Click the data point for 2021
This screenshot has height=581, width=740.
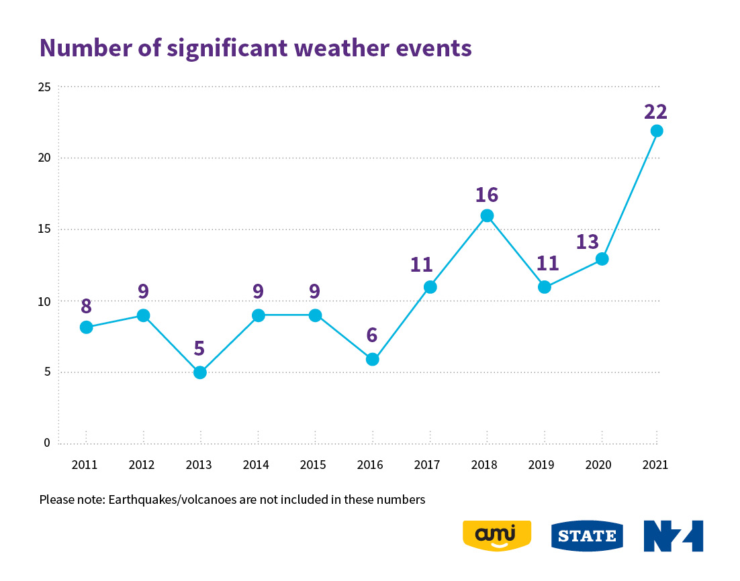(657, 131)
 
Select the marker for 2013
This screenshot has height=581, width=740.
(200, 372)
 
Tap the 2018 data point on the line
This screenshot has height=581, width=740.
(487, 215)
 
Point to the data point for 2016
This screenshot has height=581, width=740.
(373, 359)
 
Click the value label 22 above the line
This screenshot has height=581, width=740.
(655, 111)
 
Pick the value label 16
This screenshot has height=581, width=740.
(486, 195)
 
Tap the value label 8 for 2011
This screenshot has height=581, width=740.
(86, 306)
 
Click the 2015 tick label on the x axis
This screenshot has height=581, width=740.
(313, 464)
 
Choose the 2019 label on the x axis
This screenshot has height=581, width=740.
(542, 464)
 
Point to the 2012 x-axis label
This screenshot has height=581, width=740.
(142, 464)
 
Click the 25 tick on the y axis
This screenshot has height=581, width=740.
(44, 87)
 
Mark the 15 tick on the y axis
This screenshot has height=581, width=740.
(44, 229)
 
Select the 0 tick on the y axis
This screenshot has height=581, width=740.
(47, 443)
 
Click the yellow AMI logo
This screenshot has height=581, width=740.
(497, 535)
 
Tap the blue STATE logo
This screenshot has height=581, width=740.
(587, 535)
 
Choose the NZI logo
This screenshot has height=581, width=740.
(673, 535)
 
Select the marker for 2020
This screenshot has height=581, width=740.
(602, 258)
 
